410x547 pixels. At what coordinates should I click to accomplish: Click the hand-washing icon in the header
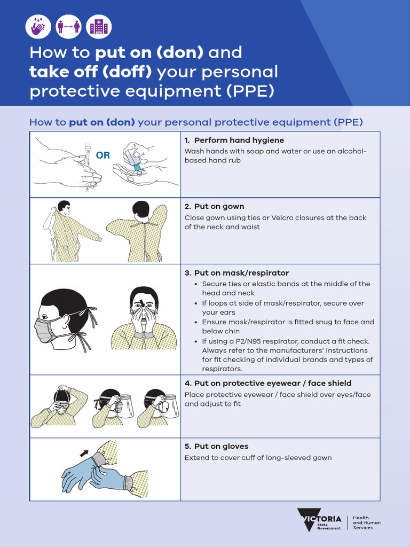coord(38,26)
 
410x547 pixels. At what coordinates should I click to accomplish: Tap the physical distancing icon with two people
coord(69,26)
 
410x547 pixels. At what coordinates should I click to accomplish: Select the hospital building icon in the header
coord(99,26)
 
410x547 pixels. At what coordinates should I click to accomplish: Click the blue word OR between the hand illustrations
coord(102,155)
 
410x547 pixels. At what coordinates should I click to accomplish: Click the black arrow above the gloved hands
coord(84,453)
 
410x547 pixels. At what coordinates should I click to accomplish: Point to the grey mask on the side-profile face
coord(44,329)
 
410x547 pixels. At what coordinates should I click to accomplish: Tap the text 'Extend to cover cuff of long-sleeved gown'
coord(258,458)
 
